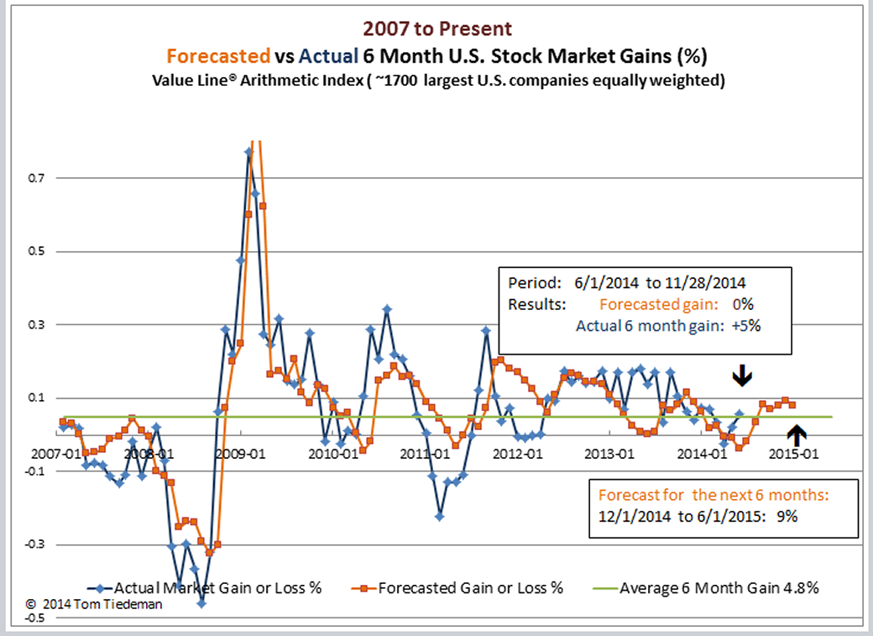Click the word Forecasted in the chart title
(x=217, y=56)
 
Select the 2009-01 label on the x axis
(x=242, y=455)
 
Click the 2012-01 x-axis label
(x=519, y=455)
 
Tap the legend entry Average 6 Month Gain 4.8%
(x=719, y=587)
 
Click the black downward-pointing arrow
(x=741, y=376)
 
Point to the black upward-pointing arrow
(x=797, y=434)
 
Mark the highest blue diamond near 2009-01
(x=248, y=152)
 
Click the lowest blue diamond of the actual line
(x=201, y=603)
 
